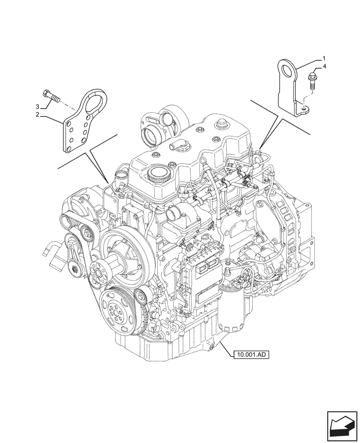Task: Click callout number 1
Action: coord(324,58)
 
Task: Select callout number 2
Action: coord(38,115)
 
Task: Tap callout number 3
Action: coord(38,106)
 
